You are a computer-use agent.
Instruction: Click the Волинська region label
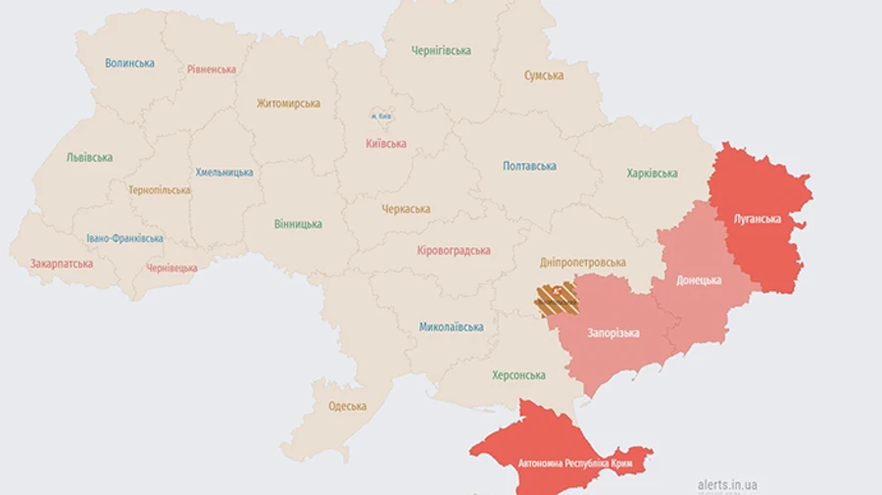coord(129,64)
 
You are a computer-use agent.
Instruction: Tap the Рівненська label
coord(212,70)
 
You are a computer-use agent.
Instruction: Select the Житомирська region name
coord(288,103)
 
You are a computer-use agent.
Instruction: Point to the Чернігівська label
coord(441,51)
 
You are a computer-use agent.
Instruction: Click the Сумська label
coord(543,75)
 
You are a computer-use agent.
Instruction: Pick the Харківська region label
coord(652,173)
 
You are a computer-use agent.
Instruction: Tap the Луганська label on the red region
coord(758,219)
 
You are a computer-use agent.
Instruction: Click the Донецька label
coord(699,280)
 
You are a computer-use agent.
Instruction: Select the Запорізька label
coord(613,333)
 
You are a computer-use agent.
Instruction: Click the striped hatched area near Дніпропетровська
coord(555,298)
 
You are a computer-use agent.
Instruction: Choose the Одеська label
coord(348,406)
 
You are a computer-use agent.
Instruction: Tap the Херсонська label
coord(518,375)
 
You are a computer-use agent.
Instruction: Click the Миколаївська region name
coord(451,326)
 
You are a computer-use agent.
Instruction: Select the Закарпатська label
coord(62,264)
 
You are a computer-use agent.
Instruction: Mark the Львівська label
coord(89,157)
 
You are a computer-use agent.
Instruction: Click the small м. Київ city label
coord(381,117)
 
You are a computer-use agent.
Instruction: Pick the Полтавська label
coord(529,167)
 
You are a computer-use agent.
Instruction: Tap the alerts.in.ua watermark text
coord(727,484)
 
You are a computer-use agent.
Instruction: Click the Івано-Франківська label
coord(124,238)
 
